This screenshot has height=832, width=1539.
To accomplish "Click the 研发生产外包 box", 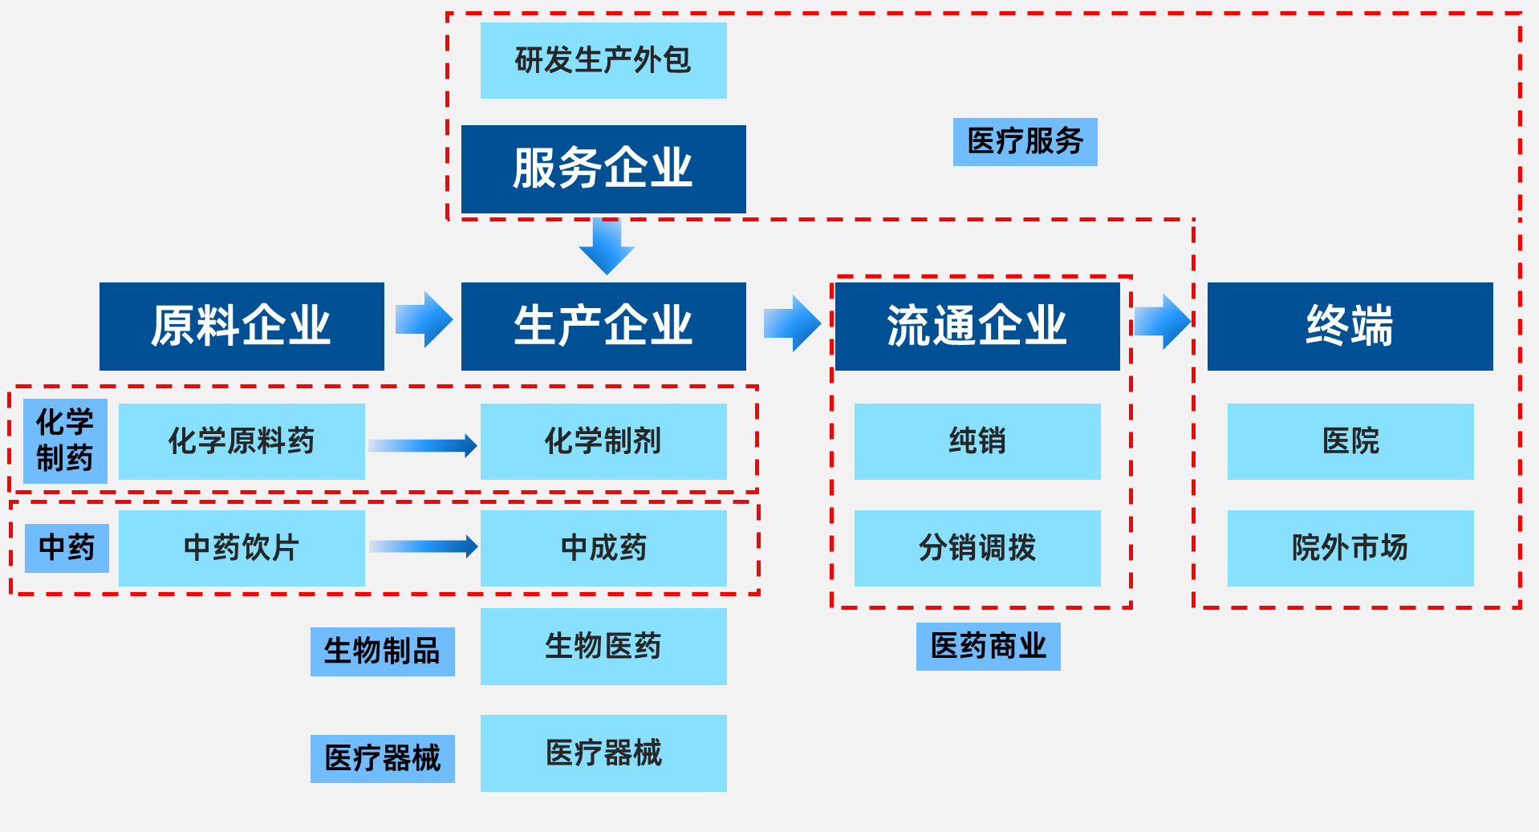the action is pos(603,60).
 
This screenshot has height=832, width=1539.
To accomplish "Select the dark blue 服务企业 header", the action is pos(603,168).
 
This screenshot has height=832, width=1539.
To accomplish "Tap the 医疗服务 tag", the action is pos(1025,142).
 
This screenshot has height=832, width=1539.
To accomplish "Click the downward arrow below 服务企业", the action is pos(607,246).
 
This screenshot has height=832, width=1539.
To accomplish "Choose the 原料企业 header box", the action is pos(242,326).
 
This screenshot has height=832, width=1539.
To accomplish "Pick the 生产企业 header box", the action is pos(603,326).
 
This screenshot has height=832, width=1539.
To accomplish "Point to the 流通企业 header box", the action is pos(977,326).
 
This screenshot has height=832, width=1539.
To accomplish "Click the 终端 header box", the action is pos(1350,326).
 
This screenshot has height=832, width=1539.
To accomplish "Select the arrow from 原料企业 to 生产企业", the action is pos(424,319).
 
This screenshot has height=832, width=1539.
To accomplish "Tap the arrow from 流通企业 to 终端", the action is pos(1163,321).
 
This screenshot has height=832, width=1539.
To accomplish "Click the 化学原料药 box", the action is pos(242,441).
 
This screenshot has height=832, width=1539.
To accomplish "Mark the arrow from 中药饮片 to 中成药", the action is pos(423,546).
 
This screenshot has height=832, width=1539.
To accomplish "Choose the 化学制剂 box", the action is pos(603,441).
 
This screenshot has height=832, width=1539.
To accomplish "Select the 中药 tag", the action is pos(67,548).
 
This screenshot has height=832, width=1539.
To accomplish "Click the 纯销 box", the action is pos(977,441).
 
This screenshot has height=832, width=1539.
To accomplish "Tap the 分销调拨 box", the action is pos(977,548).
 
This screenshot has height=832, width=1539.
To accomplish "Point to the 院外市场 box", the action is pos(1350,548).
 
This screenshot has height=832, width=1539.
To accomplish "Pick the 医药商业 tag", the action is pos(989,647).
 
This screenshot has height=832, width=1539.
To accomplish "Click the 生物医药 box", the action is pos(603,647).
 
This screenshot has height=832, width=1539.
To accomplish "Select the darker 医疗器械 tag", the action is pos(383,759).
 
